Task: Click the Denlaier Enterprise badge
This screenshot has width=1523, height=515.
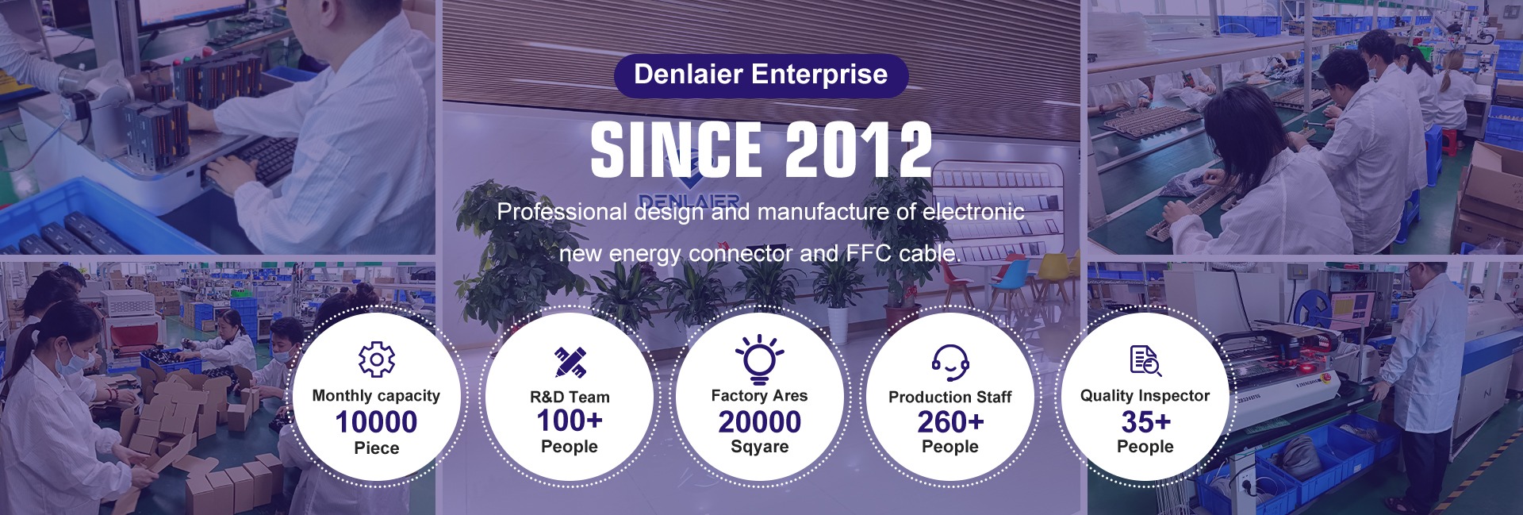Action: pos(761,75)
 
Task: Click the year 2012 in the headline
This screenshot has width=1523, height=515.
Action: pos(858,150)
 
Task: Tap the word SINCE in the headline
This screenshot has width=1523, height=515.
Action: pos(677,150)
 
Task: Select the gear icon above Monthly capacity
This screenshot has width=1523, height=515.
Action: pos(377,359)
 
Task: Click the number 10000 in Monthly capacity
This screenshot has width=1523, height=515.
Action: pos(376,421)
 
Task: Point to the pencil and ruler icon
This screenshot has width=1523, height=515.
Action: pos(570,362)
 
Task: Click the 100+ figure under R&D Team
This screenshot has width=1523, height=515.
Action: pos(570,421)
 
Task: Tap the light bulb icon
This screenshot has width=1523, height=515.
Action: pos(760,359)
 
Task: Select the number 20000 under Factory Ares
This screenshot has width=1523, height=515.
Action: pos(760,421)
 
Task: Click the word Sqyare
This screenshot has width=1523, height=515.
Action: pos(760,447)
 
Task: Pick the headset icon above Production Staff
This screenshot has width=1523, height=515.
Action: pos(950,363)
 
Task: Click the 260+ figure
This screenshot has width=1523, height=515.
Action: pos(950,421)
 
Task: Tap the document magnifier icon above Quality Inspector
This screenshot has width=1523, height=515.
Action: pos(1145,360)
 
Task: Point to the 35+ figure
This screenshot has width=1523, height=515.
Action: pos(1145,421)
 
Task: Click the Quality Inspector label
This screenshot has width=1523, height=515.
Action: pos(1145,395)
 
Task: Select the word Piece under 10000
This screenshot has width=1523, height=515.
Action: pos(377,448)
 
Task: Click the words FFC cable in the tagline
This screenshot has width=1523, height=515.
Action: pos(903,254)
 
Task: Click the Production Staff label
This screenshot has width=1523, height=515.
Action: pos(950,397)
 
